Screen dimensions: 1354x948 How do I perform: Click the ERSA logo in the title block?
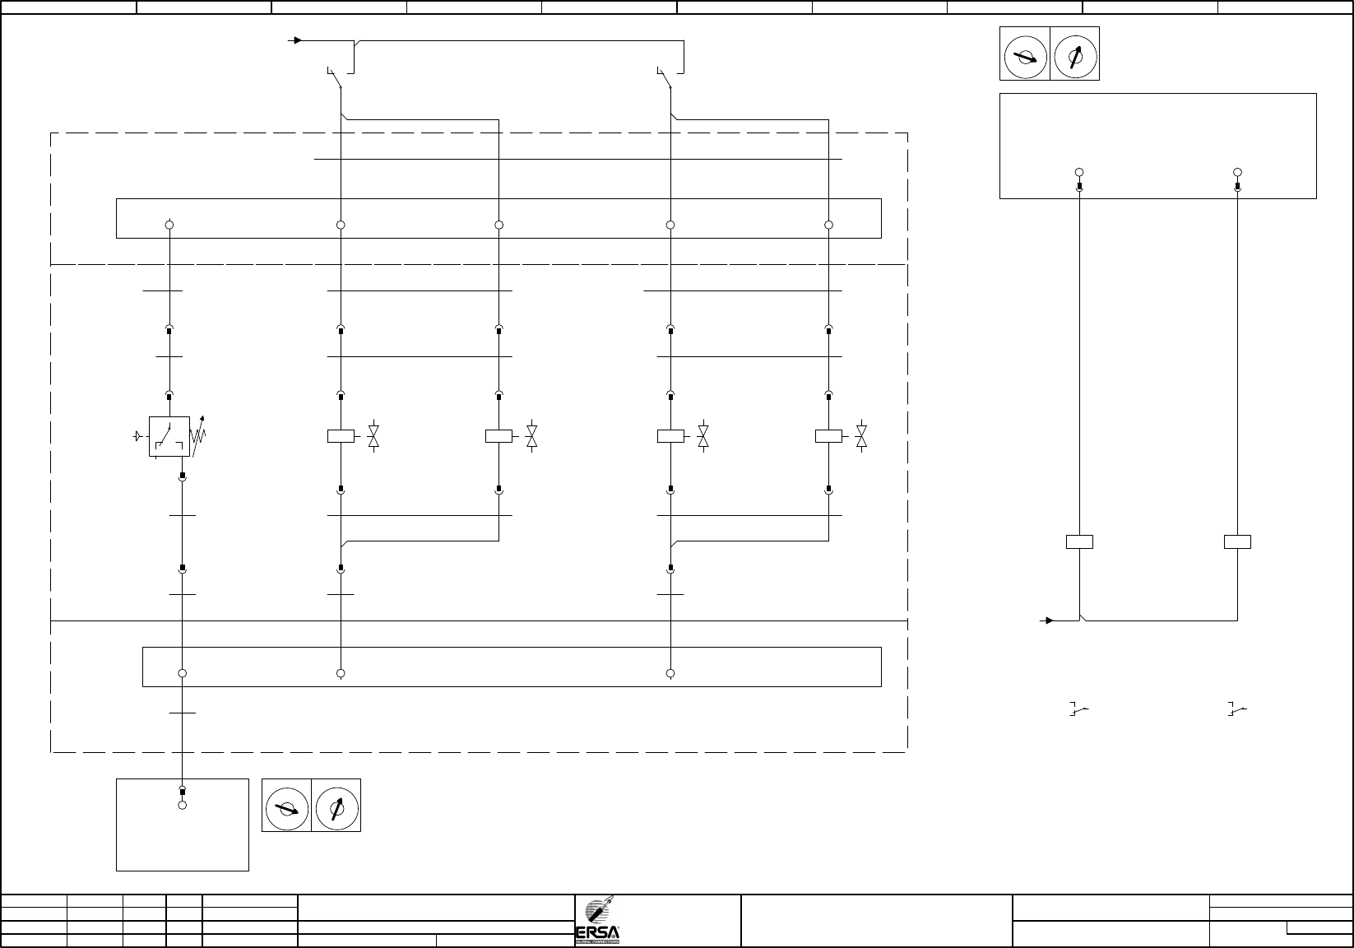(x=597, y=921)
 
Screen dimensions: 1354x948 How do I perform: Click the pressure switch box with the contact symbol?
(x=169, y=436)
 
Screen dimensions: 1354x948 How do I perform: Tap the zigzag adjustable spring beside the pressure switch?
(x=197, y=437)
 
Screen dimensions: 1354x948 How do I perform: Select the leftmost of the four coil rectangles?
(x=341, y=436)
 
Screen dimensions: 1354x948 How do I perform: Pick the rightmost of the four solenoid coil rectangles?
(x=828, y=436)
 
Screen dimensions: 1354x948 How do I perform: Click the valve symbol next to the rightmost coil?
(x=861, y=436)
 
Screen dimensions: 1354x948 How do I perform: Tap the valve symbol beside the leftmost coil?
(x=373, y=436)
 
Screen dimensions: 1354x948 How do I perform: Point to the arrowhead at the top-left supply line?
(x=298, y=39)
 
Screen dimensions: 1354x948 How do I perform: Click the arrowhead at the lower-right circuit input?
(x=1049, y=620)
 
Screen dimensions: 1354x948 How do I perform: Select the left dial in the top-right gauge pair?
(x=1025, y=53)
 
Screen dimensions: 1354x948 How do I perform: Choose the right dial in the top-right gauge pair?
(x=1074, y=53)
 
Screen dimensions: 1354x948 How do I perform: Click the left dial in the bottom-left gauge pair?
(x=286, y=805)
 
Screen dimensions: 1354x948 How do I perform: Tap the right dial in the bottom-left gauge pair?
(x=336, y=805)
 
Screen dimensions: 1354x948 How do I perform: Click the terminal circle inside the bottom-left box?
(x=183, y=805)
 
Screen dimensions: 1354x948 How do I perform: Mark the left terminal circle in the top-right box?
(x=1079, y=172)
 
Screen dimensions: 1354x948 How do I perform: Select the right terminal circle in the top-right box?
(x=1238, y=172)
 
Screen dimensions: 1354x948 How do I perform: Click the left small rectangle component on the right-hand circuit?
(x=1079, y=541)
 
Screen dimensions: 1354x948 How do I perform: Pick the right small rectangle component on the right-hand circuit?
(x=1238, y=541)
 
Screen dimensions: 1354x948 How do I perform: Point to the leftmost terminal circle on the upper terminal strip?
(x=169, y=225)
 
